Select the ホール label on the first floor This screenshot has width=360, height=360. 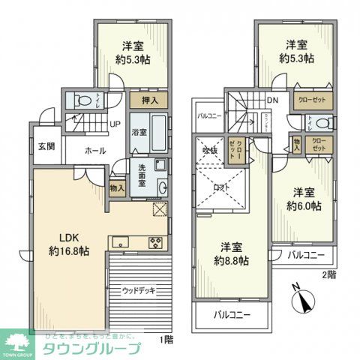pyautogui.click(x=94, y=151)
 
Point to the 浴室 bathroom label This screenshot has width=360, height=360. pyautogui.click(x=139, y=132)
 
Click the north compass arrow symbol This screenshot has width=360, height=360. pyautogui.click(x=303, y=303)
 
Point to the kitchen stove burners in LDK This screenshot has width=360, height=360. pyautogui.click(x=156, y=241)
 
